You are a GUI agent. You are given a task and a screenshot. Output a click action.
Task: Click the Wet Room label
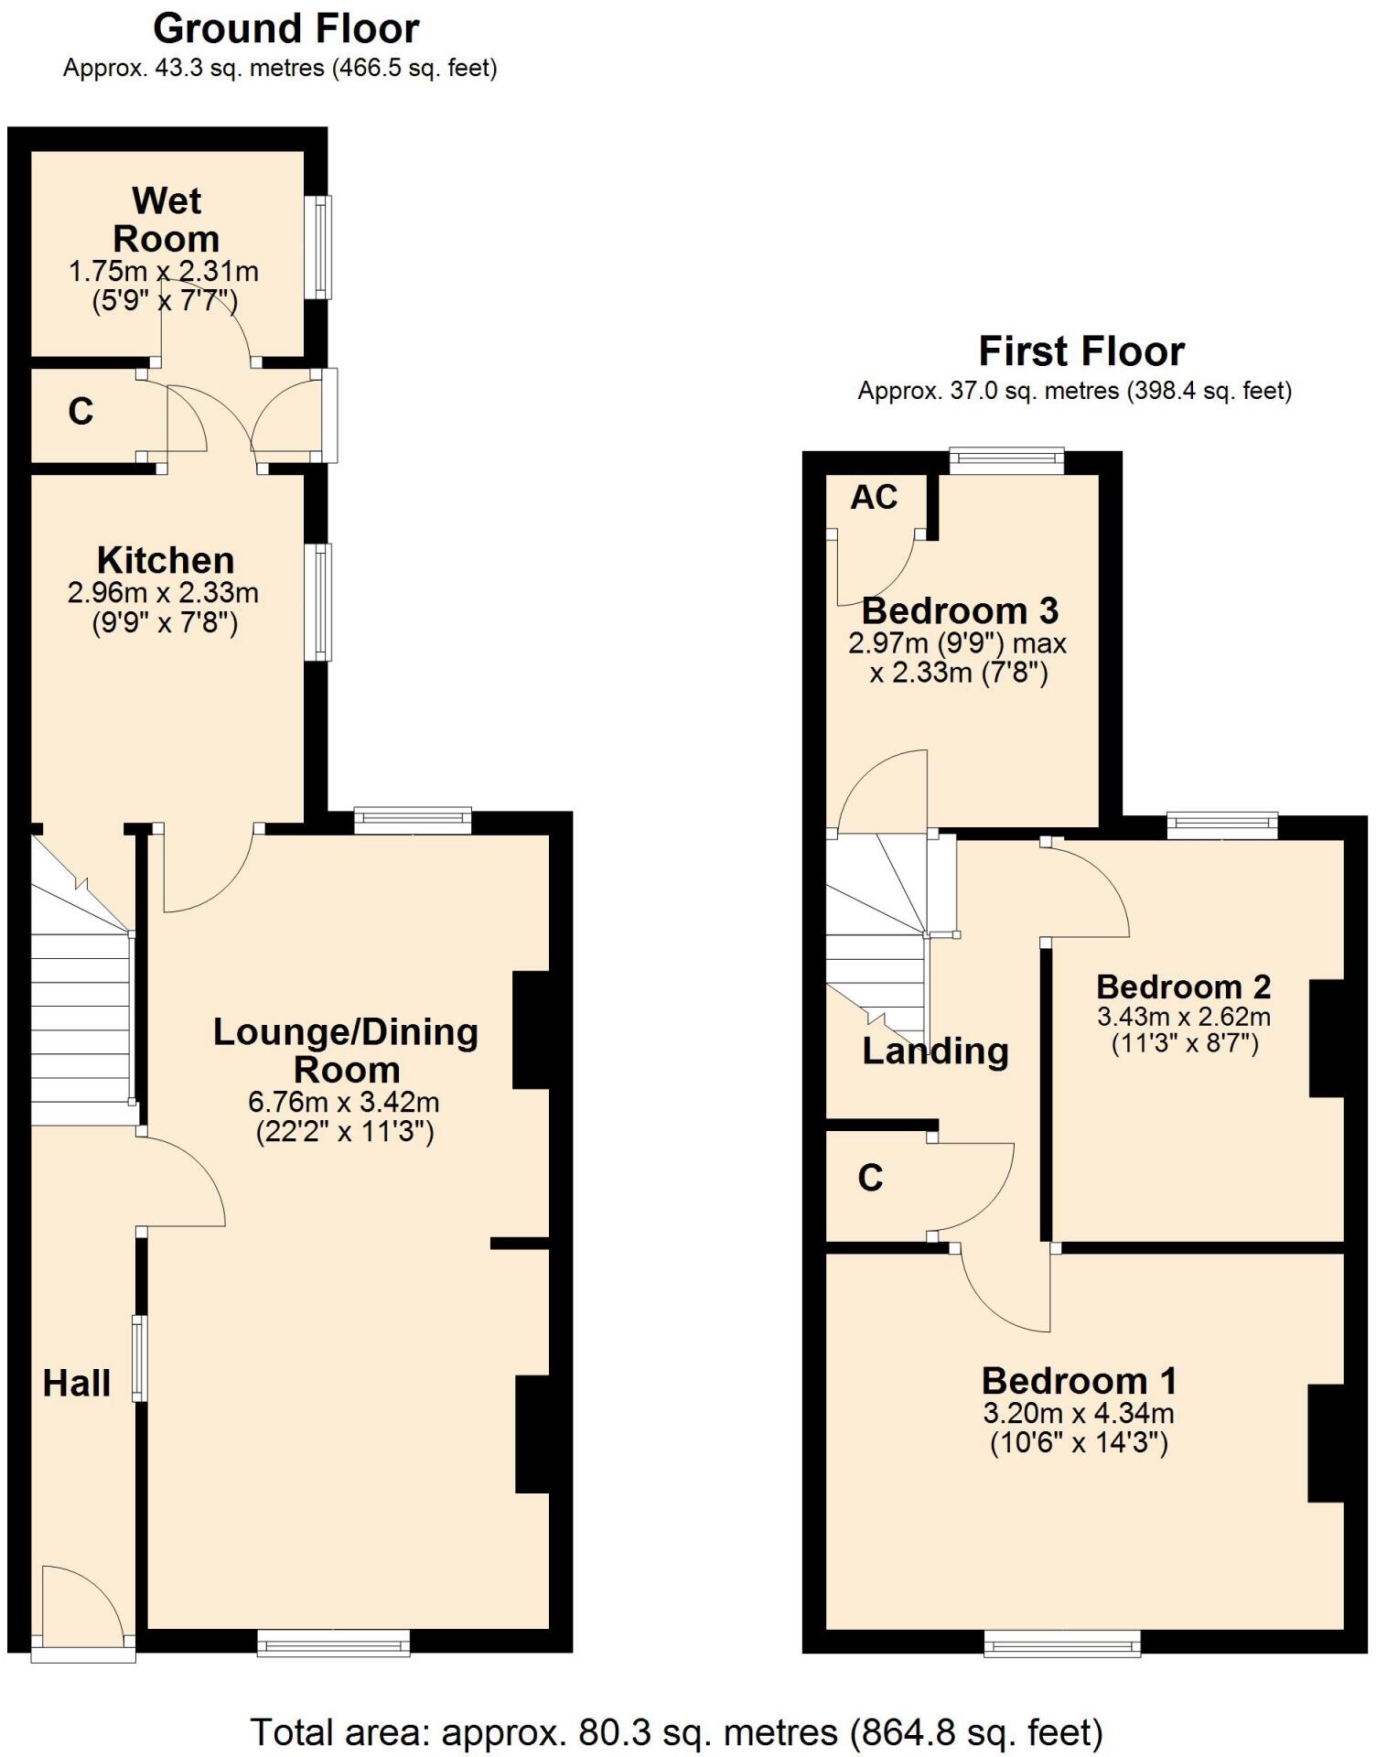[166, 220]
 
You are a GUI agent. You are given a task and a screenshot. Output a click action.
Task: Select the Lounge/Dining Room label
[346, 1050]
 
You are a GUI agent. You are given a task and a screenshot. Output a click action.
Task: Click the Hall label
[77, 1383]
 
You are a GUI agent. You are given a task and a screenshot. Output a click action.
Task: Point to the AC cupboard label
[874, 497]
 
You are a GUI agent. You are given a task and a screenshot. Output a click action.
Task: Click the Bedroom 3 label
[960, 609]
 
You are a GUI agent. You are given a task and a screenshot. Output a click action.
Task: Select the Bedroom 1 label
[1079, 1380]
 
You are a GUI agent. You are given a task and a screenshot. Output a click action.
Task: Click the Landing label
[935, 1051]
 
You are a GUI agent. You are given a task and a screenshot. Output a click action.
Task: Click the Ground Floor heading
[285, 29]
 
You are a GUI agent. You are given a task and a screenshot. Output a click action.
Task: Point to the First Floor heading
[1081, 351]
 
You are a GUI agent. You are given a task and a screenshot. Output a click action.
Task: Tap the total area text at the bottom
[677, 1731]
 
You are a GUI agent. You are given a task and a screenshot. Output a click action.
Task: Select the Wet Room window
[320, 247]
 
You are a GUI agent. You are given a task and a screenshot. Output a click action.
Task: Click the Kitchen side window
[318, 602]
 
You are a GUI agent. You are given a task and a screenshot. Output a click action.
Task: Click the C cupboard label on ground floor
[81, 412]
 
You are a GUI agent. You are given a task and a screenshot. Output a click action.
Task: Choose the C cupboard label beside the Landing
[870, 1178]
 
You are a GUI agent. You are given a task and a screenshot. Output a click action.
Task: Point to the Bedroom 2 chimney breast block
[1328, 1039]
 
